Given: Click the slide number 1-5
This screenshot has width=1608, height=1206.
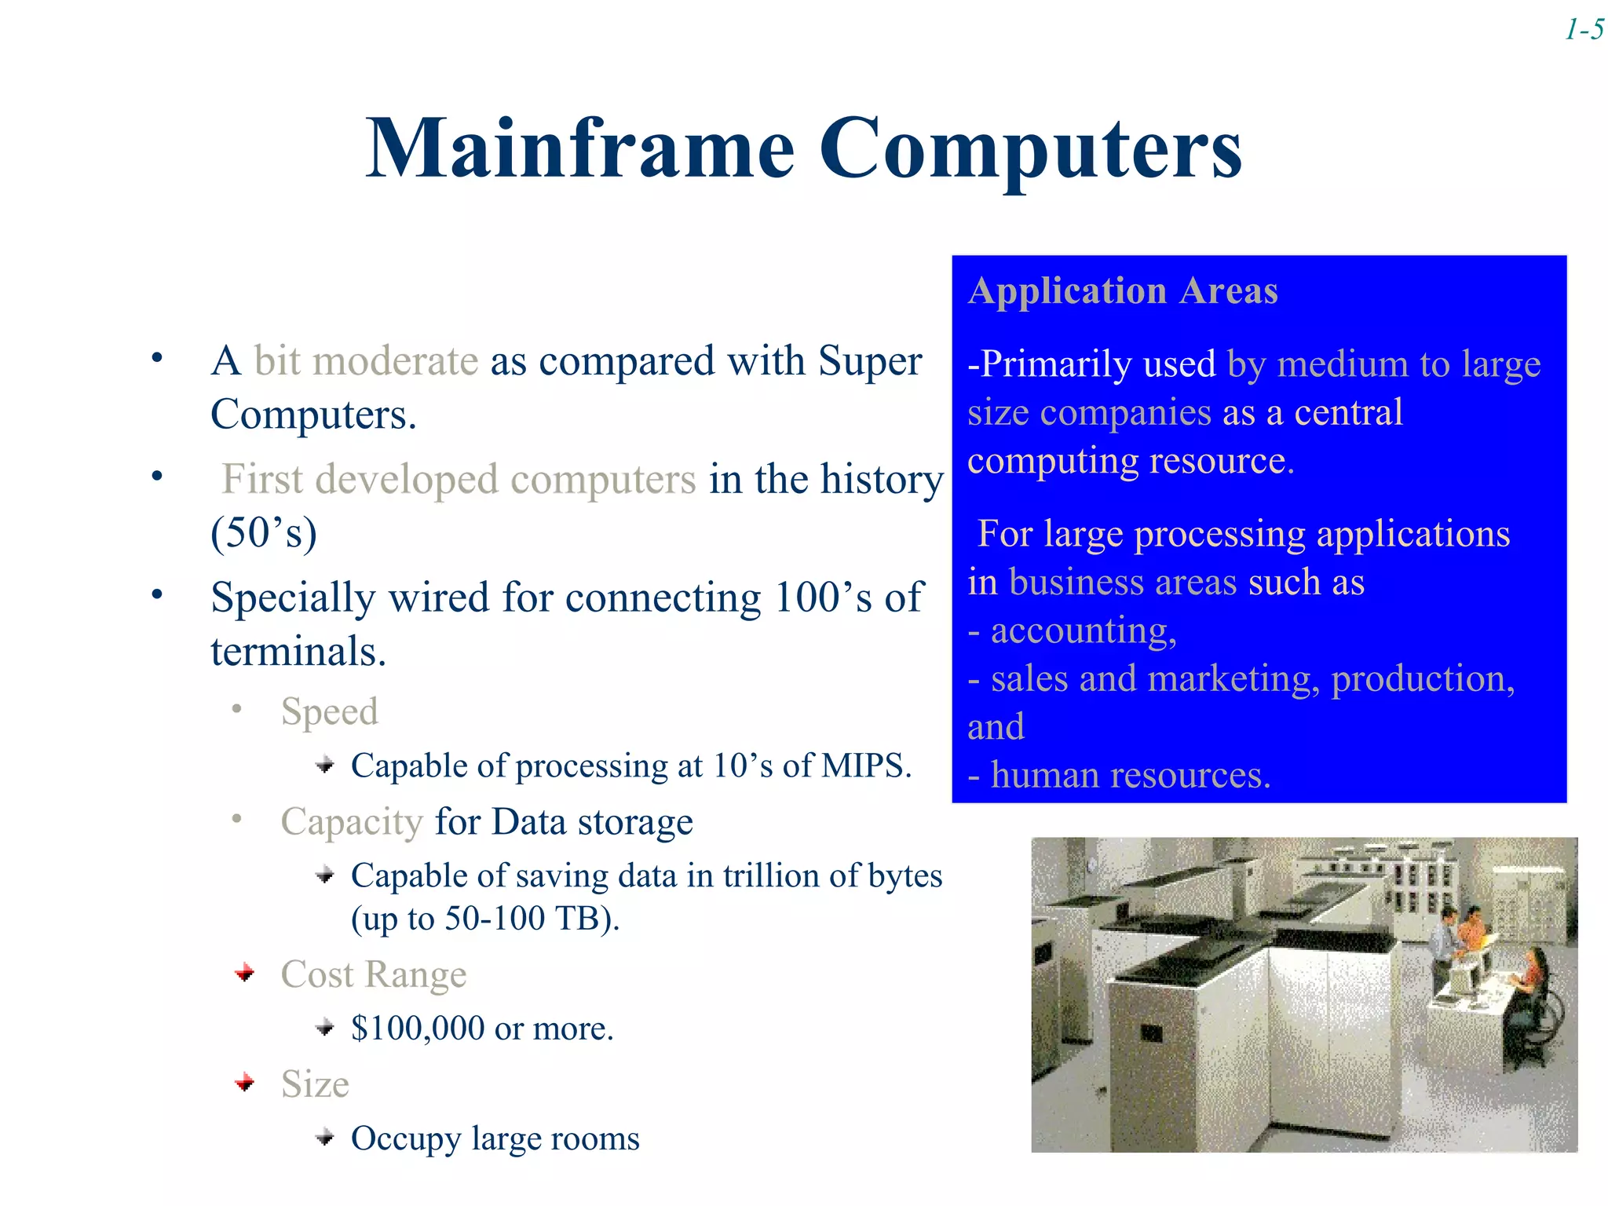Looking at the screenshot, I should coord(1584,31).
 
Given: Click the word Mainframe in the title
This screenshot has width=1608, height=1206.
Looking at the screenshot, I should coord(580,149).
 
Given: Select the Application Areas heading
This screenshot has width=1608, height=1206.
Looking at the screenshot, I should coord(1123,291).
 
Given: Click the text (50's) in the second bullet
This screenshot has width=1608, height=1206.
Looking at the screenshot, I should coord(264,533).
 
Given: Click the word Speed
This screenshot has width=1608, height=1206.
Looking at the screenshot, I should coord(329,712).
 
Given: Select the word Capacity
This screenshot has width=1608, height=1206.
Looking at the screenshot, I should coord(352,822).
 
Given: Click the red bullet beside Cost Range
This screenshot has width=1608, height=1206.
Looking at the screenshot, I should coord(245,974).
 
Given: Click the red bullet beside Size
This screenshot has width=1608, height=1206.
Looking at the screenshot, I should coord(245,1084).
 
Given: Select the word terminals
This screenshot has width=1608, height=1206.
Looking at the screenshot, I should coord(298,652).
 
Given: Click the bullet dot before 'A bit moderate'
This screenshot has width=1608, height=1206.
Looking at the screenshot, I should coord(157,359).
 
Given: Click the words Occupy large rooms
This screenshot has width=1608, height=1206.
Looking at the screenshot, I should coord(495,1138).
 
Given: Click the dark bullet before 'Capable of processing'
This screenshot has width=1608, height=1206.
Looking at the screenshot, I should coord(325,766).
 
